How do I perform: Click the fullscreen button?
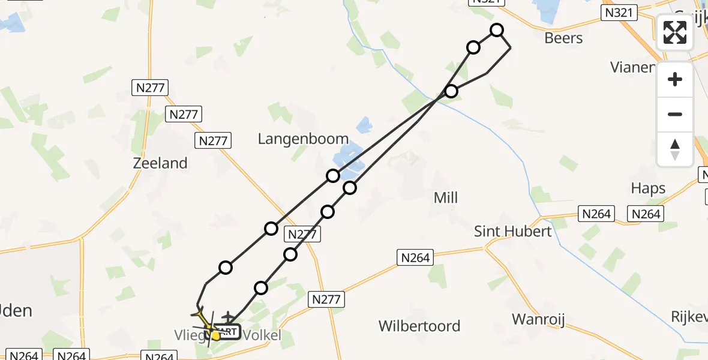click(x=675, y=32)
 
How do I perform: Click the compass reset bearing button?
click(x=675, y=149)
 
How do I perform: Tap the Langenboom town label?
click(x=303, y=139)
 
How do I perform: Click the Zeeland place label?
click(x=161, y=163)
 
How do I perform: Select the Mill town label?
click(x=445, y=197)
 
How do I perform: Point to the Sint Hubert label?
click(x=512, y=231)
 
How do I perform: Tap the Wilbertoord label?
click(x=419, y=326)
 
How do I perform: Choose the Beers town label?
click(x=563, y=38)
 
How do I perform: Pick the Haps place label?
click(x=648, y=188)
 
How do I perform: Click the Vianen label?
click(x=632, y=67)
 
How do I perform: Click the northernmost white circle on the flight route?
click(x=497, y=30)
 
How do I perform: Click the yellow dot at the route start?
click(x=216, y=335)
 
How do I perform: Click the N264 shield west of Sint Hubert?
click(x=415, y=257)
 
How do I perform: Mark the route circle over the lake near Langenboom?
click(x=333, y=176)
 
